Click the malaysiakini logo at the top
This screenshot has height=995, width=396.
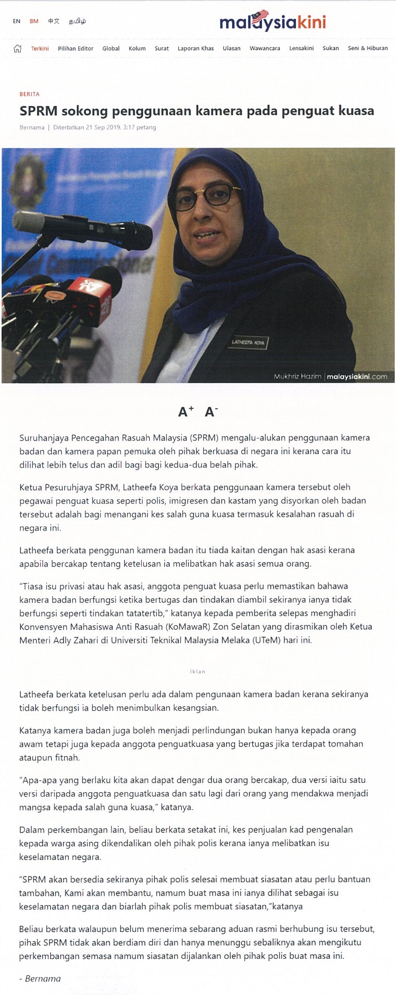[272, 22]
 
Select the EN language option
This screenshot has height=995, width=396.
[17, 21]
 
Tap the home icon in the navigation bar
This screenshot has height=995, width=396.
[17, 48]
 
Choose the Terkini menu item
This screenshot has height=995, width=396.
[40, 48]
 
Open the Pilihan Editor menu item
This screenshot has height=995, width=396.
[76, 48]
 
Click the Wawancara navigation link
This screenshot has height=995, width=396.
[265, 48]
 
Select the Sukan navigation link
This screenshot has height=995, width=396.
[331, 48]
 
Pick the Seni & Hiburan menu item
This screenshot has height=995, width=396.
[368, 48]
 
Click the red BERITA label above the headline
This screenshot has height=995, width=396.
[29, 94]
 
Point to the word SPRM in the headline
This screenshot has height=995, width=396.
[38, 111]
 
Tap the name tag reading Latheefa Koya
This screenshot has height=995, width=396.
[248, 342]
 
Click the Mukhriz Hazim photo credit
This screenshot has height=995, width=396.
[297, 376]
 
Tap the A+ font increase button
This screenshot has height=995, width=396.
[186, 411]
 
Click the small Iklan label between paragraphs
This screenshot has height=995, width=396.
[198, 671]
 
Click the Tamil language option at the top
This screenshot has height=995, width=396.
[77, 21]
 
